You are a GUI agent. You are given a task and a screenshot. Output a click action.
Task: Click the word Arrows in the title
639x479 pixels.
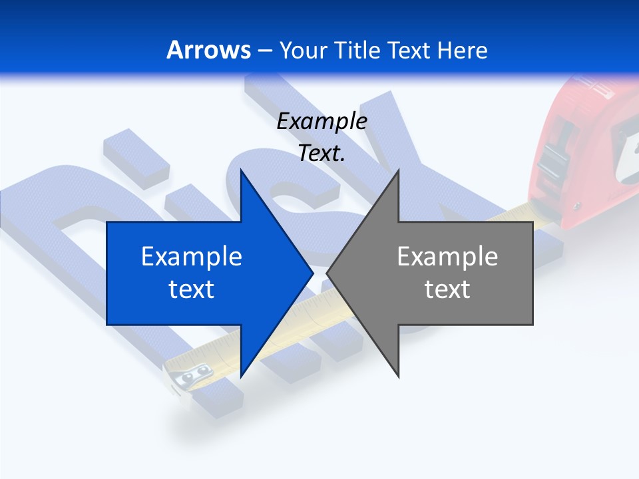209,50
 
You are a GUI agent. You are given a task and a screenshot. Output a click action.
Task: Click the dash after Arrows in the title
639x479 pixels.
264,51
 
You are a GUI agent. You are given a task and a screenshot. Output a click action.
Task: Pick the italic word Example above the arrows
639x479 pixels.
321,121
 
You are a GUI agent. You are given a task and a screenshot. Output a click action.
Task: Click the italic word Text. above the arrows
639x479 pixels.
321,153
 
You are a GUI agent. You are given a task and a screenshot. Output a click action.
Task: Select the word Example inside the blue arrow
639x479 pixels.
192,256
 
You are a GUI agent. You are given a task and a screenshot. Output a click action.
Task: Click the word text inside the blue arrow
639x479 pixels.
192,289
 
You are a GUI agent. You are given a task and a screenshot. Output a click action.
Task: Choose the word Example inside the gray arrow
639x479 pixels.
447,256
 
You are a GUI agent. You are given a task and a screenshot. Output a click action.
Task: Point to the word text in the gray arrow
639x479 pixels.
447,289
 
